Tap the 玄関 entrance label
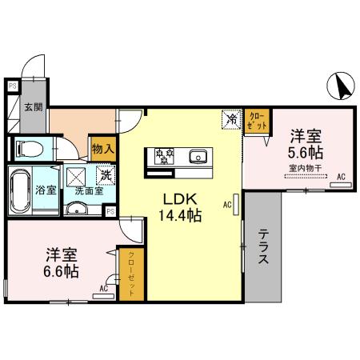(32, 106)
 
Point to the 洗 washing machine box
(105, 174)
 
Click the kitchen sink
(198, 155)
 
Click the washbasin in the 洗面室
(78, 209)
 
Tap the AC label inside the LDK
(228, 205)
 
